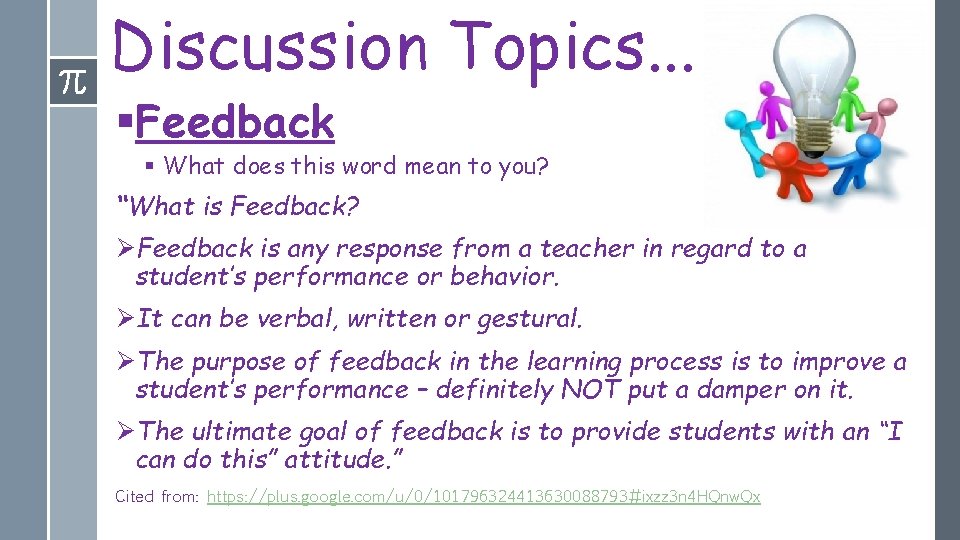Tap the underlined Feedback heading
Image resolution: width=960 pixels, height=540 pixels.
pyautogui.click(x=235, y=123)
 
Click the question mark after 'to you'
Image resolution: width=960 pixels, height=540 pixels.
pyautogui.click(x=543, y=166)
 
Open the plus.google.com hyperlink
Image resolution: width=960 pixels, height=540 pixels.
pyautogui.click(x=483, y=497)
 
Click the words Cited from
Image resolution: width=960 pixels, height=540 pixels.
pyautogui.click(x=157, y=497)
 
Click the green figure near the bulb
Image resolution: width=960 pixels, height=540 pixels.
pyautogui.click(x=849, y=98)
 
